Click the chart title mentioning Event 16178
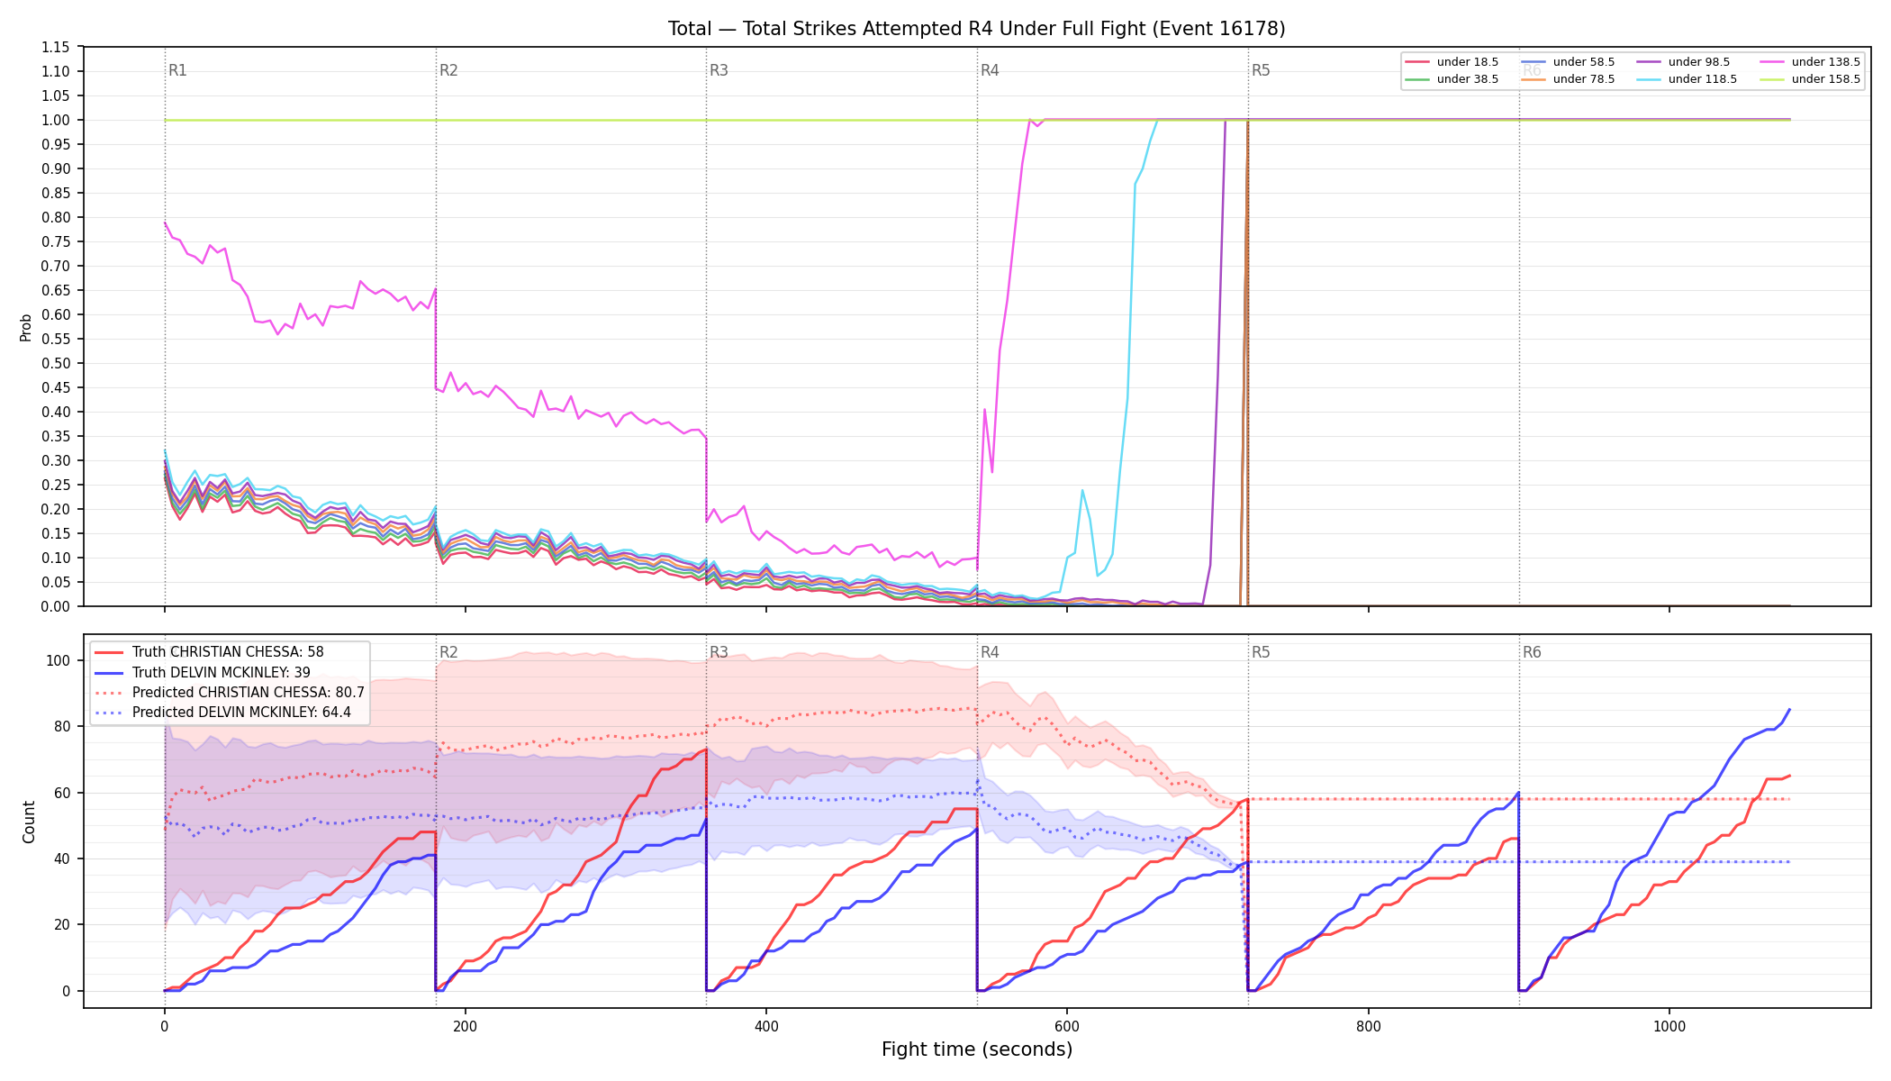976,29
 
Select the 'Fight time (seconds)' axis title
977,1049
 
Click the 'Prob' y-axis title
26,327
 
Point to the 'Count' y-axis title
29,822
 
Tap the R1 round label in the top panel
177,70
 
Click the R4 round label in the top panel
990,70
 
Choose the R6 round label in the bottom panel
1532,652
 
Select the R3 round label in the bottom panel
719,652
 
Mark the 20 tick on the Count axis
62,924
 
